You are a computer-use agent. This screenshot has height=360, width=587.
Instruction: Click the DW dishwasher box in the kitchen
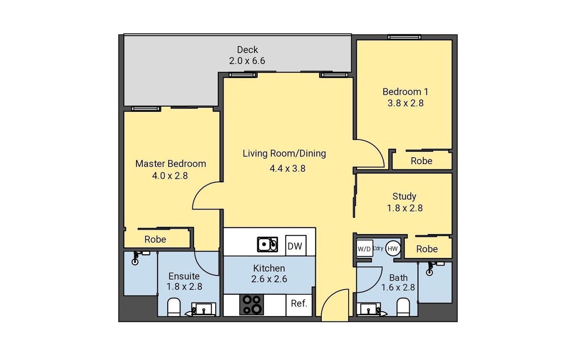point(295,245)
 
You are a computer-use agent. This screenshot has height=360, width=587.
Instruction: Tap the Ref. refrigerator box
point(299,305)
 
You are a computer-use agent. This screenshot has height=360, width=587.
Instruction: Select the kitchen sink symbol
point(267,244)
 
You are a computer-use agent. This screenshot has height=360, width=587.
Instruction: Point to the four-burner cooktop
point(252,305)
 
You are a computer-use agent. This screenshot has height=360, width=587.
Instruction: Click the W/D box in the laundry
point(364,248)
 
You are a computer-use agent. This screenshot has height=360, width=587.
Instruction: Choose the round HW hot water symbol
point(393,248)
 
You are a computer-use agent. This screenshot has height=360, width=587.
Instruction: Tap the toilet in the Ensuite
point(174,307)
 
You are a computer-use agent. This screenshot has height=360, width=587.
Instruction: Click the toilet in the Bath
point(403,307)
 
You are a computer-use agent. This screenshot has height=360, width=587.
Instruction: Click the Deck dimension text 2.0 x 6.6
point(247,61)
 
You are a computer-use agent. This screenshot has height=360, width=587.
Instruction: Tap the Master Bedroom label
point(171,164)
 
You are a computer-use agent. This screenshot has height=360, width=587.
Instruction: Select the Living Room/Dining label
point(284,153)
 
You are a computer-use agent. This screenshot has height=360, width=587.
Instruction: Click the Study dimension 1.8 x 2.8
point(405,208)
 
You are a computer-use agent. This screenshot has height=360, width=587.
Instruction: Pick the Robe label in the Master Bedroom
point(155,239)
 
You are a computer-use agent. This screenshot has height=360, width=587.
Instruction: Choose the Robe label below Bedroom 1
point(421,161)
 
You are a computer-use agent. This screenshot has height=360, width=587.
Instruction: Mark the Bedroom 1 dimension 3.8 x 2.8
point(406,103)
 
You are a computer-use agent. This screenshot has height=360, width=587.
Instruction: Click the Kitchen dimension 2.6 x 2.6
point(269,279)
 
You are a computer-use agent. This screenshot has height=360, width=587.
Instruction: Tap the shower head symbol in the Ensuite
point(136,258)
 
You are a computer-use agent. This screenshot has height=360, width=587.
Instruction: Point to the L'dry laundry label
point(378,248)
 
